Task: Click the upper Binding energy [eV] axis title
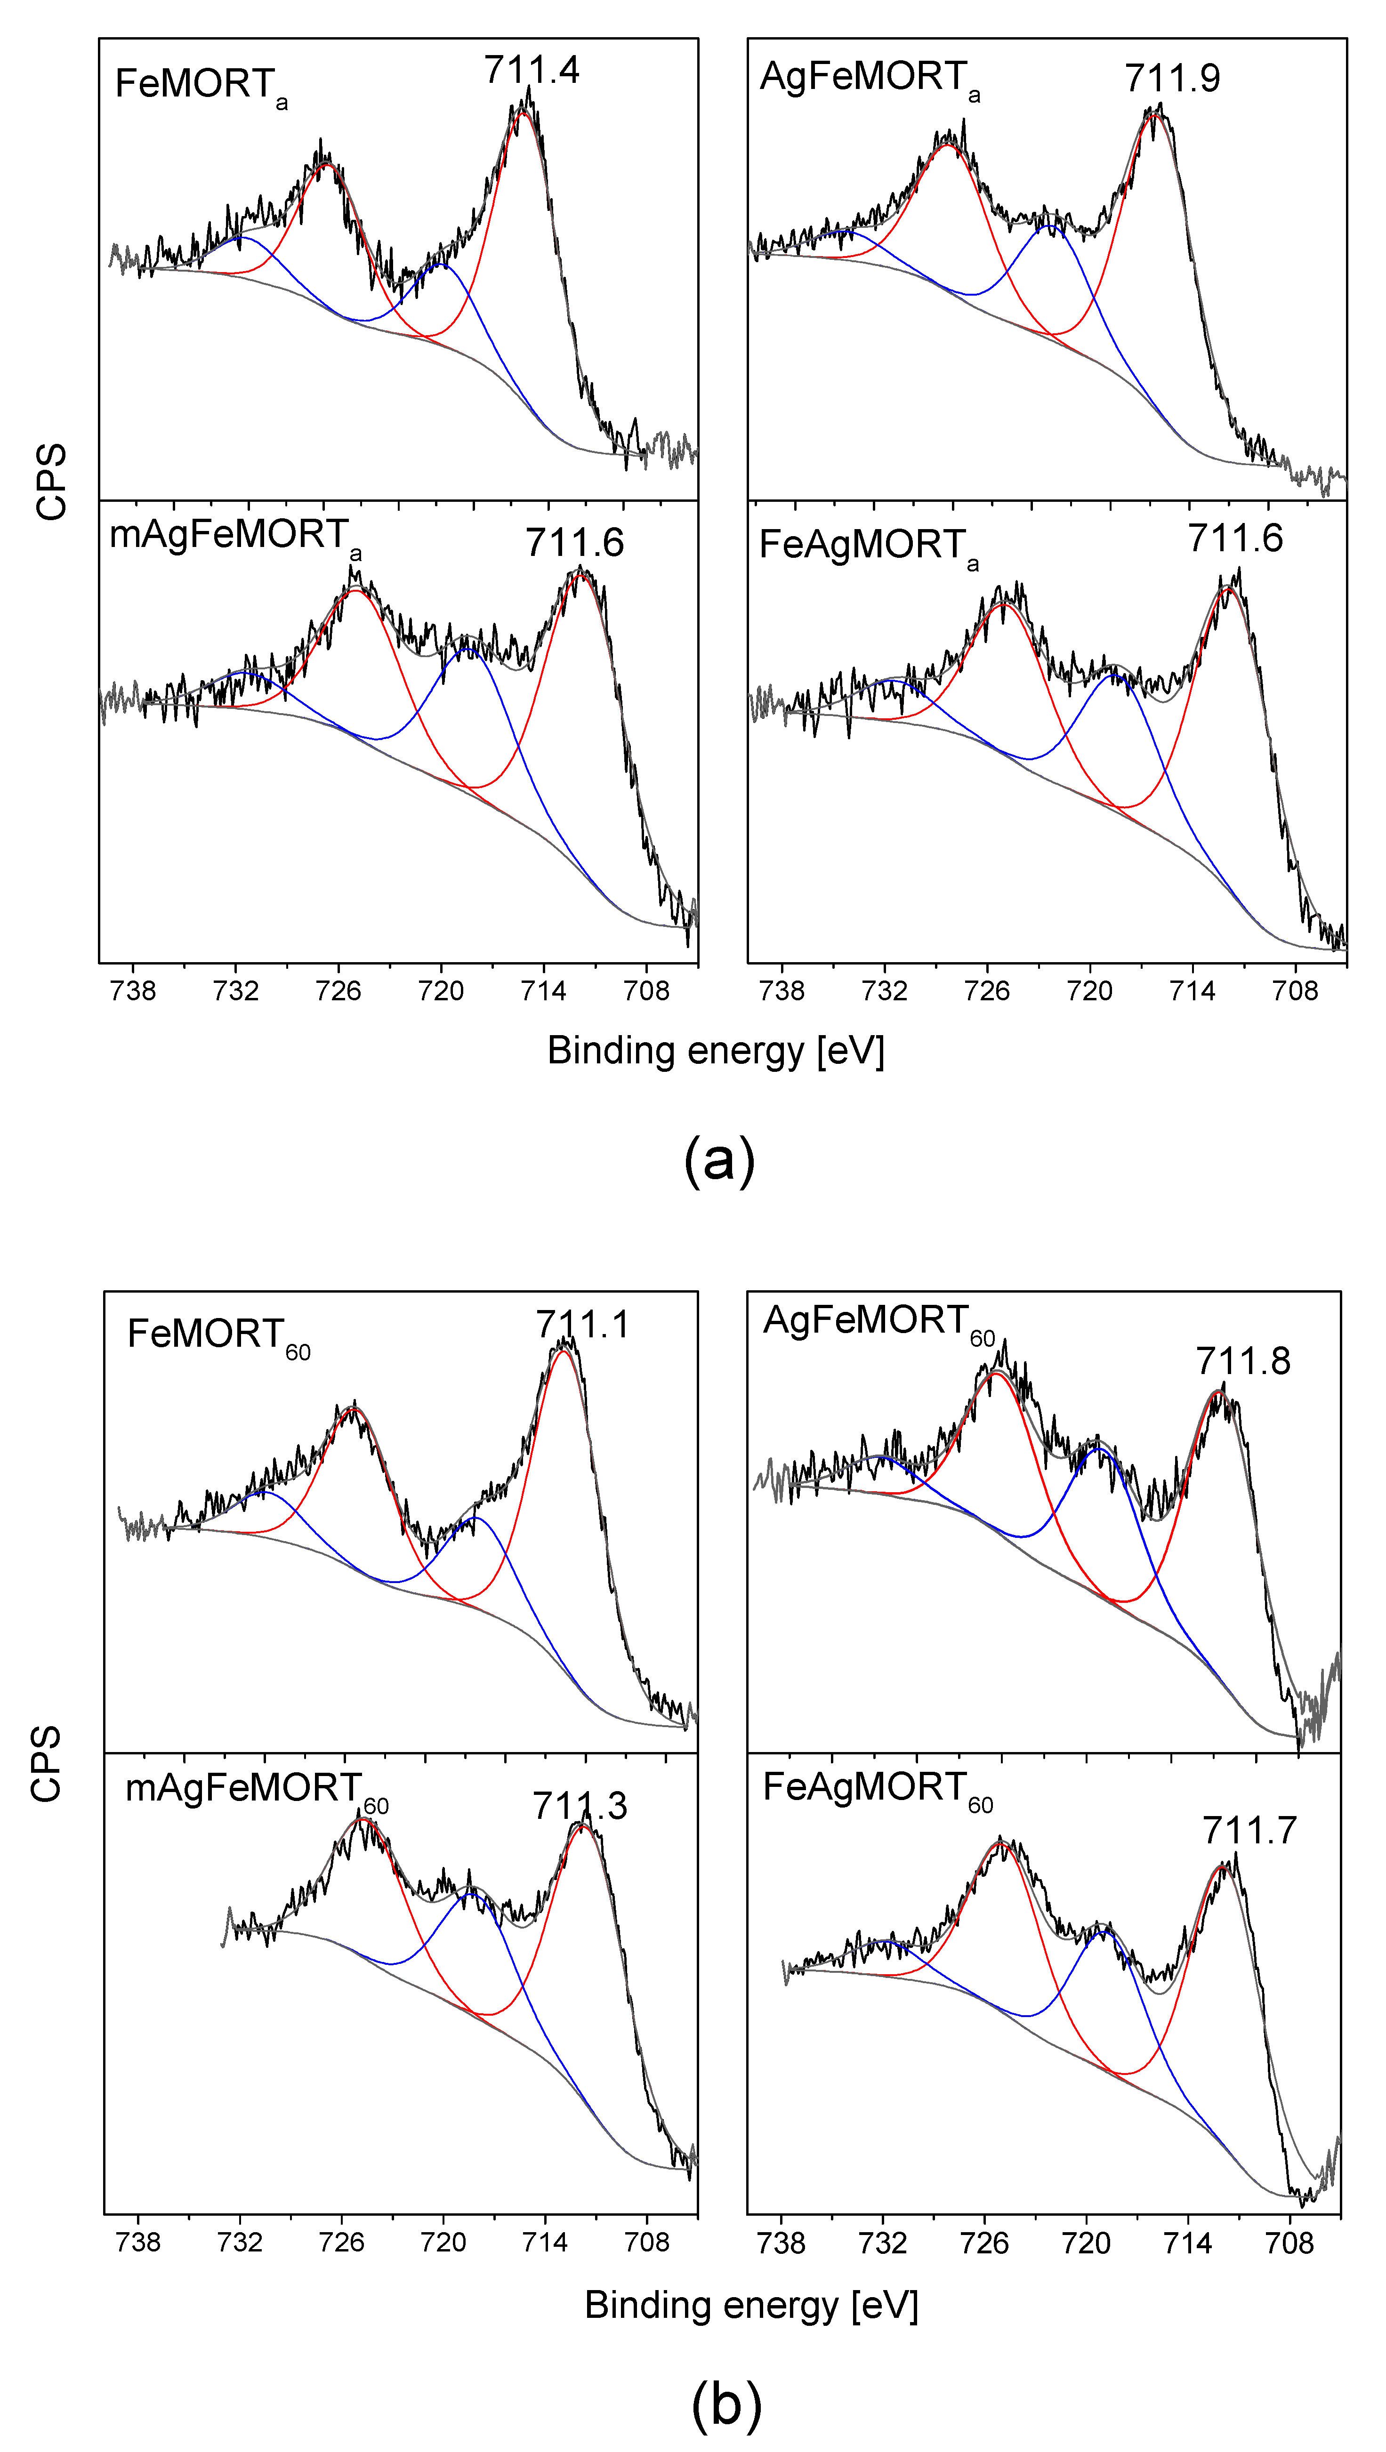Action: point(716,1051)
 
